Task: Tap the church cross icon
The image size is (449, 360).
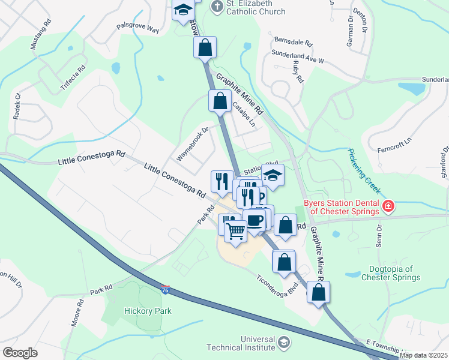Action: click(217, 7)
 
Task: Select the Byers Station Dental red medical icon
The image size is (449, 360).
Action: click(388, 207)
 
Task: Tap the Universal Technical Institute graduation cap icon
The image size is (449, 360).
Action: click(283, 343)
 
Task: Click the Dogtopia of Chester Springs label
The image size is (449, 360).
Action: click(391, 273)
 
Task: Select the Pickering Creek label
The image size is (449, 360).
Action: click(364, 171)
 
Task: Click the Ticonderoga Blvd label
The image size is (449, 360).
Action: click(277, 280)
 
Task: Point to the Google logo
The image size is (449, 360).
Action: click(20, 353)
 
